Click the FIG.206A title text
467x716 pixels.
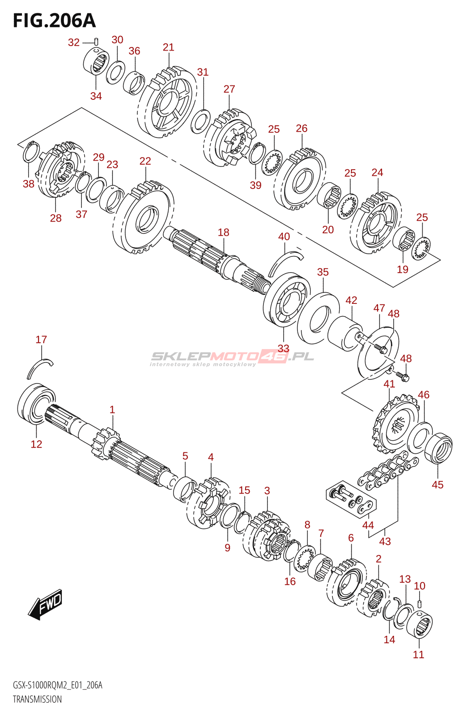(54, 21)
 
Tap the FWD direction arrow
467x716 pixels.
(44, 604)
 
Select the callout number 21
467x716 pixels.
(168, 47)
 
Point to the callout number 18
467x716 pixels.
(224, 232)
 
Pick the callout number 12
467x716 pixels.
(36, 444)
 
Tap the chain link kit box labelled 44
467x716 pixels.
(351, 499)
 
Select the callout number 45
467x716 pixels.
(437, 485)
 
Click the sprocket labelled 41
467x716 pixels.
(395, 425)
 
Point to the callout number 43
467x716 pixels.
(385, 541)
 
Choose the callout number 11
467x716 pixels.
(418, 654)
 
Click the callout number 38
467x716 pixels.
(29, 184)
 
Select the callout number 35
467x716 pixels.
(323, 272)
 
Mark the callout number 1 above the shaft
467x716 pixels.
(112, 409)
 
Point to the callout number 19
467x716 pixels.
(403, 269)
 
